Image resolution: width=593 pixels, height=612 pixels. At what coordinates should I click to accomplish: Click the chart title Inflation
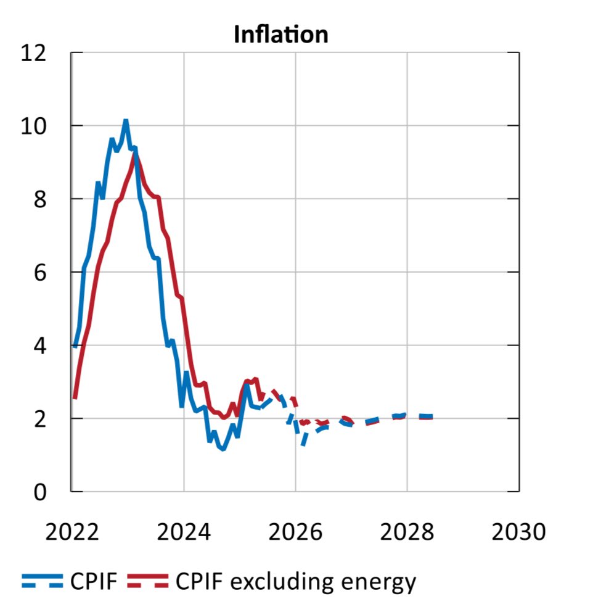tap(280, 35)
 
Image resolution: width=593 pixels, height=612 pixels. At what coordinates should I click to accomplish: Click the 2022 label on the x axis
tap(72, 531)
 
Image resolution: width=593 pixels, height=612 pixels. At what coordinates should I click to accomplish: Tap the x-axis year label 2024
tap(184, 531)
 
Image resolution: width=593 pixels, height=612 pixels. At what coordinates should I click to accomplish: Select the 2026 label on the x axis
tap(295, 531)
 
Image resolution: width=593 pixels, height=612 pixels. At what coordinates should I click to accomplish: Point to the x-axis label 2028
tap(407, 531)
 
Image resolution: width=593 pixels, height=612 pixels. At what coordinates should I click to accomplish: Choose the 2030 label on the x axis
tap(518, 531)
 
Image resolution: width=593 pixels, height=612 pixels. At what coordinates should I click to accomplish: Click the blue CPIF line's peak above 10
tap(126, 121)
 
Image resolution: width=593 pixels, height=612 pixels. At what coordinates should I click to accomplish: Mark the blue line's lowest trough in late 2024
tap(223, 449)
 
